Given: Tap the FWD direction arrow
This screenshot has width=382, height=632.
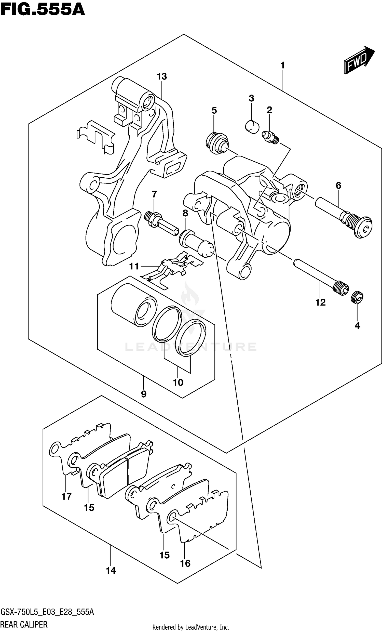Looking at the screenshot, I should pos(359,60).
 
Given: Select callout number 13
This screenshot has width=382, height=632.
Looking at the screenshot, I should pos(162,76).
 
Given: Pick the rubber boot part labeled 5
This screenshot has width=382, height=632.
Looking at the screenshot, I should pos(217,143).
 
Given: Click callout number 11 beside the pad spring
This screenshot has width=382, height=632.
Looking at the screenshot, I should pos(134,266).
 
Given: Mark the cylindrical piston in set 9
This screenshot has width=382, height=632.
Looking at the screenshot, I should pos(133,305).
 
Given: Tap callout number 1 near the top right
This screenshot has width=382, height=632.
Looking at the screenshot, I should pos(282,65).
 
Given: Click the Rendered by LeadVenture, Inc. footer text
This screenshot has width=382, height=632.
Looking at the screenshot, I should pos(190,627).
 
